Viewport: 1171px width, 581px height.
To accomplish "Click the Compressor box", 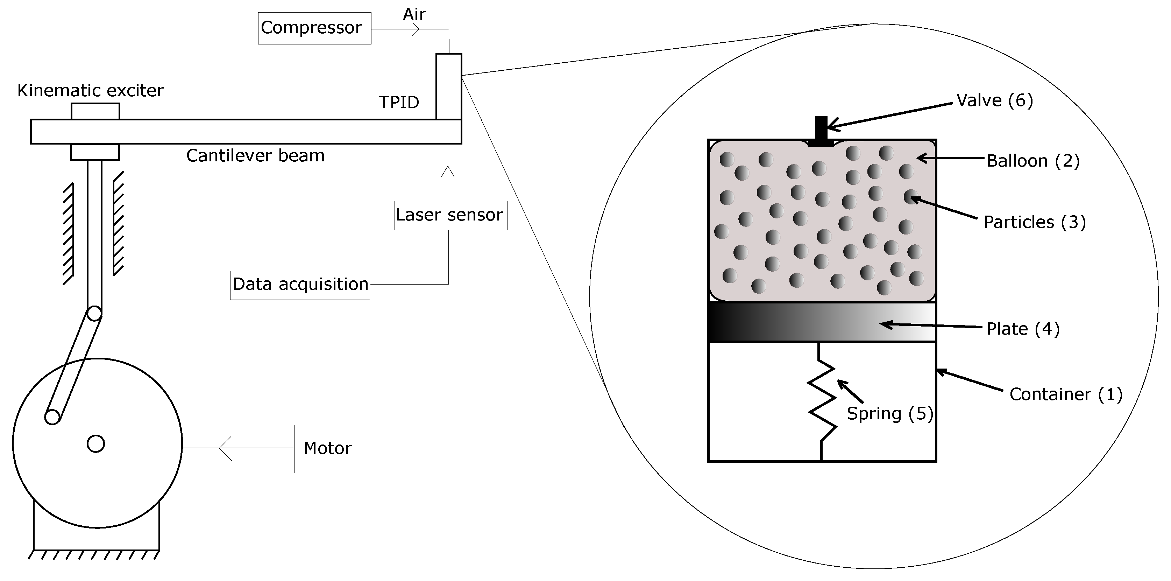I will [314, 28].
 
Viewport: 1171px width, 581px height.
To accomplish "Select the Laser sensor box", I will [450, 215].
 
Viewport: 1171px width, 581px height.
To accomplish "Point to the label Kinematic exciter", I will [90, 91].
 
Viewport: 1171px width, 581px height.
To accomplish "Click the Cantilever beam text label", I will [255, 156].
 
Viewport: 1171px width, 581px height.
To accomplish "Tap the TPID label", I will [399, 102].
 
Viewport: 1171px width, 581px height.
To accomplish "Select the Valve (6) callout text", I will [994, 100].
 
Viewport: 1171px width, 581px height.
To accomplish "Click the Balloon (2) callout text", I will [1032, 161].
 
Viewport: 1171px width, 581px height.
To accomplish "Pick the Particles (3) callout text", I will [1034, 222].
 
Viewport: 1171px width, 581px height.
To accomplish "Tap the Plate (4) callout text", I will [1022, 329].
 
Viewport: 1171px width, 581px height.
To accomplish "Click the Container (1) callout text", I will [1065, 394].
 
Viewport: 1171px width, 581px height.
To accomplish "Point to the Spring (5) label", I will [889, 413].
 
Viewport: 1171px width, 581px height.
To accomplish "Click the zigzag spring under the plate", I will [822, 400].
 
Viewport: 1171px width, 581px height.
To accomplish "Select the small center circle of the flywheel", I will [95, 443].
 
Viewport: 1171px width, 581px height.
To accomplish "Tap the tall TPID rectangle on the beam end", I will [449, 86].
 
